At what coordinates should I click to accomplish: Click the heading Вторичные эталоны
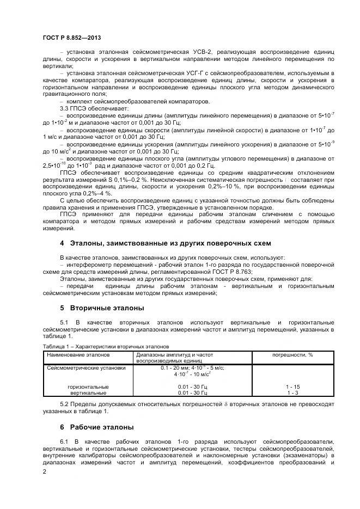(101, 308)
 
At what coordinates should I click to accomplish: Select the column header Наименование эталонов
(78, 354)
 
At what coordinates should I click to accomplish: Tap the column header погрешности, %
(292, 354)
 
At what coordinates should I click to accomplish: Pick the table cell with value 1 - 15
(292, 387)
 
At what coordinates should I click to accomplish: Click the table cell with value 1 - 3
(292, 393)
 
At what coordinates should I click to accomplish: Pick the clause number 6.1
(65, 440)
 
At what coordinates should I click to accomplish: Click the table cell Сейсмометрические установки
(87, 368)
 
